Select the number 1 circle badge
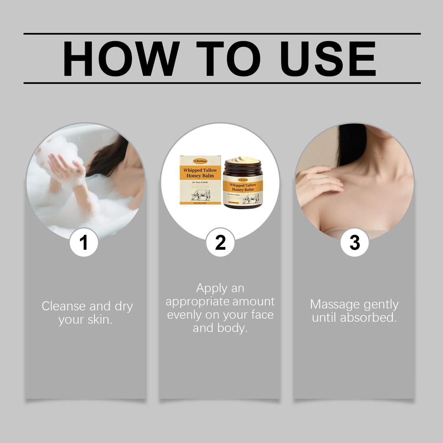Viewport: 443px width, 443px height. coord(84,243)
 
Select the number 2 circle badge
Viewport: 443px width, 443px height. coord(220,243)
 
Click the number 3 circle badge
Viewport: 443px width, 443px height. coord(354,243)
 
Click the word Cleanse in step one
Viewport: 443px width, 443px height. coord(64,306)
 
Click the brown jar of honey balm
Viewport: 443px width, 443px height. coord(243,186)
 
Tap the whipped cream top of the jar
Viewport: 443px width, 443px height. coord(243,161)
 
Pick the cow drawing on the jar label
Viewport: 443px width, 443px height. coord(251,199)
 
